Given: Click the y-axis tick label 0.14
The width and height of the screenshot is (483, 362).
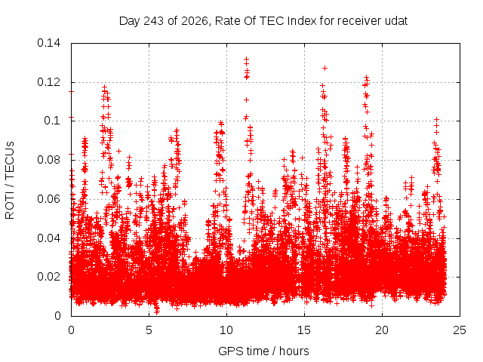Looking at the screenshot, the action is pos(48,43).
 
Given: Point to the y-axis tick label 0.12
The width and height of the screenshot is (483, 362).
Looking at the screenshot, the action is pos(48,82).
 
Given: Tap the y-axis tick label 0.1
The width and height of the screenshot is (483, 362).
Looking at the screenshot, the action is pos(52,121).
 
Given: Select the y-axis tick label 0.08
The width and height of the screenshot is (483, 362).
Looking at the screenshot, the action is pos(48,160).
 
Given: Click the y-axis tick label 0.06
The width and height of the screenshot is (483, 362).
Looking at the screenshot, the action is pos(48,199).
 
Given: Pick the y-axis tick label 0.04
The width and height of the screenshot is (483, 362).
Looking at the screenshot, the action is pos(48,238).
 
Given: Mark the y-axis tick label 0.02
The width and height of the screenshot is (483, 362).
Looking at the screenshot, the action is pos(48,277).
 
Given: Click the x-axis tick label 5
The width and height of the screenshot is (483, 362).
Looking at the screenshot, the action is pos(149,330).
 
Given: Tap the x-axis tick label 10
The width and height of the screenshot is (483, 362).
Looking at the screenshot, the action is pos(226,330).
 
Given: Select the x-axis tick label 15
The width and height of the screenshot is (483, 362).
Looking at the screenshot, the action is pos(304,330).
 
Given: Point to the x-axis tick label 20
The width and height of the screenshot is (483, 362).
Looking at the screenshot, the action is pos(382,330).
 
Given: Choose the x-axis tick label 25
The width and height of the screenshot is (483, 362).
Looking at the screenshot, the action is pos(460,330).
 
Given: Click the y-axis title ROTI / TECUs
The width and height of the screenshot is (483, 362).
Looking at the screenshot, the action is pos(10,180).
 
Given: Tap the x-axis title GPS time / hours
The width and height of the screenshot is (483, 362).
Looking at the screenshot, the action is pos(263,351).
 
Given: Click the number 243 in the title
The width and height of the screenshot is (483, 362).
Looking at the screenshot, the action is pos(154,21).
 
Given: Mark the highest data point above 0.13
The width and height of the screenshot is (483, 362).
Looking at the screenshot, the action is pos(246,59).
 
